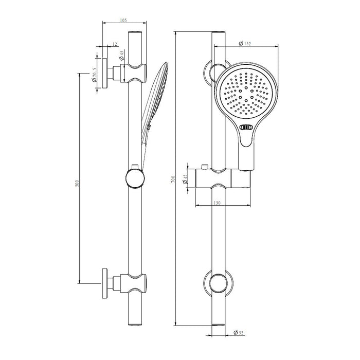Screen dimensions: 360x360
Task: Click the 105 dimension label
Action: (123, 21)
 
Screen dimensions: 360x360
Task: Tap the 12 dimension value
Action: (115, 44)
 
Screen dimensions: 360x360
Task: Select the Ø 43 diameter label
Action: (121, 56)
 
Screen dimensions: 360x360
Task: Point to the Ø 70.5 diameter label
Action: (94, 75)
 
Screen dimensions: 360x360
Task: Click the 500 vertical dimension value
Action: (77, 183)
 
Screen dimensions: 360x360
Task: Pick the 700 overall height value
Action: (173, 179)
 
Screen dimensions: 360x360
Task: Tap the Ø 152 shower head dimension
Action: (245, 43)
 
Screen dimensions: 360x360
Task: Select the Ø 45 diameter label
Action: (185, 179)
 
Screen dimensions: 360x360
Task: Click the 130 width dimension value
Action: (217, 203)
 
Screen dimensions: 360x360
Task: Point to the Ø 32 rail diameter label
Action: (239, 332)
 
